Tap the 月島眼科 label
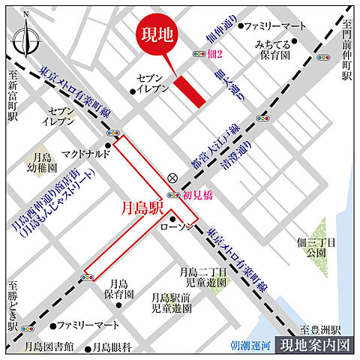pos(111,347)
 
